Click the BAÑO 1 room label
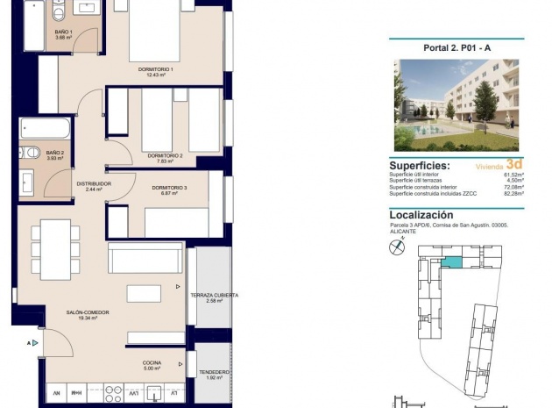[x=63, y=33]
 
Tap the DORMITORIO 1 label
[x=156, y=69]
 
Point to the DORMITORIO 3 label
[x=169, y=188]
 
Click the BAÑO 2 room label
[x=56, y=153]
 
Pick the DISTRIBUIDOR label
[x=94, y=183]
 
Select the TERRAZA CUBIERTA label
[x=214, y=296]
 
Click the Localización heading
[x=421, y=214]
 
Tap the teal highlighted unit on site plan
[x=450, y=261]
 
